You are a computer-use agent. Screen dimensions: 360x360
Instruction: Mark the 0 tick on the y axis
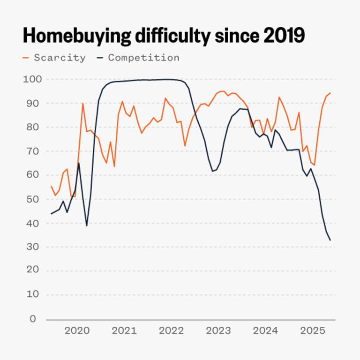tap(33, 319)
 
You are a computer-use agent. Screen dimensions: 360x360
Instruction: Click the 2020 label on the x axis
tap(77, 331)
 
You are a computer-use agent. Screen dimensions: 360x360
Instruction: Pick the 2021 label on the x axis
tap(124, 331)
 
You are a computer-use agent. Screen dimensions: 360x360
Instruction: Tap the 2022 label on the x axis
tap(171, 331)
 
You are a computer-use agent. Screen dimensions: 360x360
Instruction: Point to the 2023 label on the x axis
tap(218, 331)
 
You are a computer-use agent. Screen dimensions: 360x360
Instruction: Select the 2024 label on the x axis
tap(265, 331)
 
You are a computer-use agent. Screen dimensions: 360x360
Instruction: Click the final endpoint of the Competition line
tap(330, 240)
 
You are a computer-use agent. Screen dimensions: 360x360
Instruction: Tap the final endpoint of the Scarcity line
tap(330, 93)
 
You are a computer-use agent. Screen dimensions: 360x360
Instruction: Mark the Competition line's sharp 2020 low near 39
tap(87, 225)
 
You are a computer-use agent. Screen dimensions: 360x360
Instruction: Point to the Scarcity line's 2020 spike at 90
tap(83, 104)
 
